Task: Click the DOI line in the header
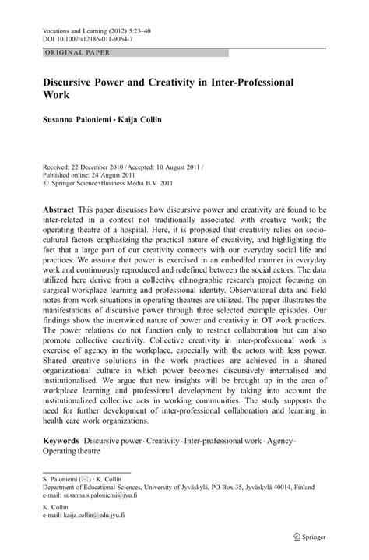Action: [x=77, y=36]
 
